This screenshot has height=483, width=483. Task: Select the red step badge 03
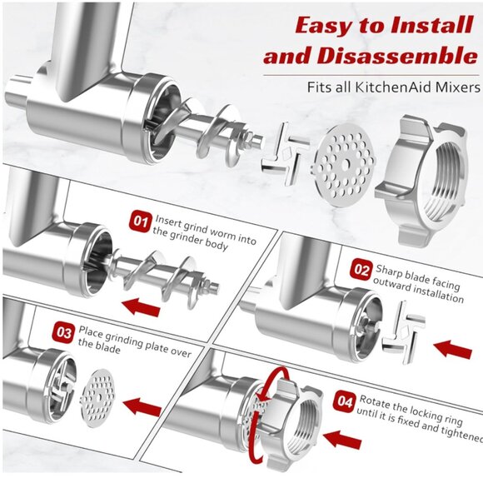[63, 331]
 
